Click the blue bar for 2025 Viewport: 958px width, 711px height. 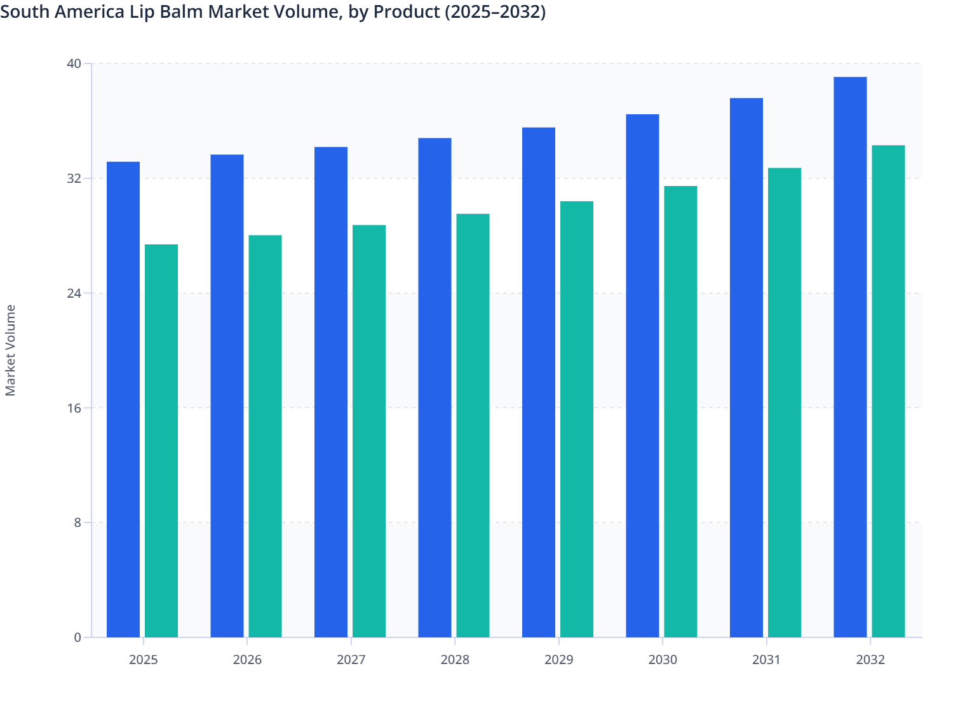coord(123,400)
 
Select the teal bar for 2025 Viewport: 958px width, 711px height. coord(161,441)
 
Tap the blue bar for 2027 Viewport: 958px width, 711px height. coord(331,392)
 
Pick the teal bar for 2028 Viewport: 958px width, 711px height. coord(473,425)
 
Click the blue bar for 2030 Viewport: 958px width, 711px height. coord(642,376)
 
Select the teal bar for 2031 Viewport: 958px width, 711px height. coord(785,402)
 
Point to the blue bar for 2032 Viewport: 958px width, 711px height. coord(850,357)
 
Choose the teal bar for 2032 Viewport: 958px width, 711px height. coord(888,391)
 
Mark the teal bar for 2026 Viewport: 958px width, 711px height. coord(265,436)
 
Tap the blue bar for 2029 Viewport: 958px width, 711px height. coord(539,383)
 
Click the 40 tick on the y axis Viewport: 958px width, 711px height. coord(74,63)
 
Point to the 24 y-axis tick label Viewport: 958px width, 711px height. coord(74,293)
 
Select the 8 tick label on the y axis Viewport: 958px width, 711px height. coord(78,522)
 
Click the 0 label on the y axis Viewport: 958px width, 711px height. coord(78,637)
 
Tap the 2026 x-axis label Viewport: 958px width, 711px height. coord(247,660)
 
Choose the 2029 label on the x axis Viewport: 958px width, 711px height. coord(559,660)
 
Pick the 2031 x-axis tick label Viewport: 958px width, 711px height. coord(767,660)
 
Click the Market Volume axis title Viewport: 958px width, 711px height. coord(11,350)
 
